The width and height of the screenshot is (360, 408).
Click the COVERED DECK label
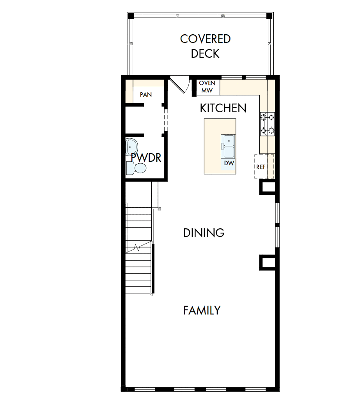click(x=205, y=46)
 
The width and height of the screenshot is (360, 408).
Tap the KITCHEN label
click(x=223, y=108)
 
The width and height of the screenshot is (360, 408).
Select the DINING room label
click(x=204, y=233)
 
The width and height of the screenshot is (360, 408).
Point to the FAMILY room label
click(x=202, y=310)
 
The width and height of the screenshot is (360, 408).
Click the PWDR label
click(x=146, y=158)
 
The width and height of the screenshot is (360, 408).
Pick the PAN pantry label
click(x=146, y=94)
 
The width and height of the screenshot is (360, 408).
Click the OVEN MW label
click(x=207, y=87)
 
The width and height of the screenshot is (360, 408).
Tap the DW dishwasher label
click(x=229, y=163)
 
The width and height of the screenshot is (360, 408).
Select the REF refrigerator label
click(x=261, y=167)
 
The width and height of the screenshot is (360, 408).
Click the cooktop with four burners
click(x=267, y=124)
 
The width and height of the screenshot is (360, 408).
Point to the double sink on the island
click(x=228, y=146)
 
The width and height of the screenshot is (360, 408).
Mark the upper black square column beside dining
click(x=268, y=187)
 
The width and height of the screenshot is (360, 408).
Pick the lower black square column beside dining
click(x=268, y=263)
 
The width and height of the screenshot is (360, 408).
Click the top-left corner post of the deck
click(x=131, y=16)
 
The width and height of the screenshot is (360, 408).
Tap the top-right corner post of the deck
click(x=269, y=16)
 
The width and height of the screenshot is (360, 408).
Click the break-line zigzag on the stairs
click(x=137, y=247)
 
